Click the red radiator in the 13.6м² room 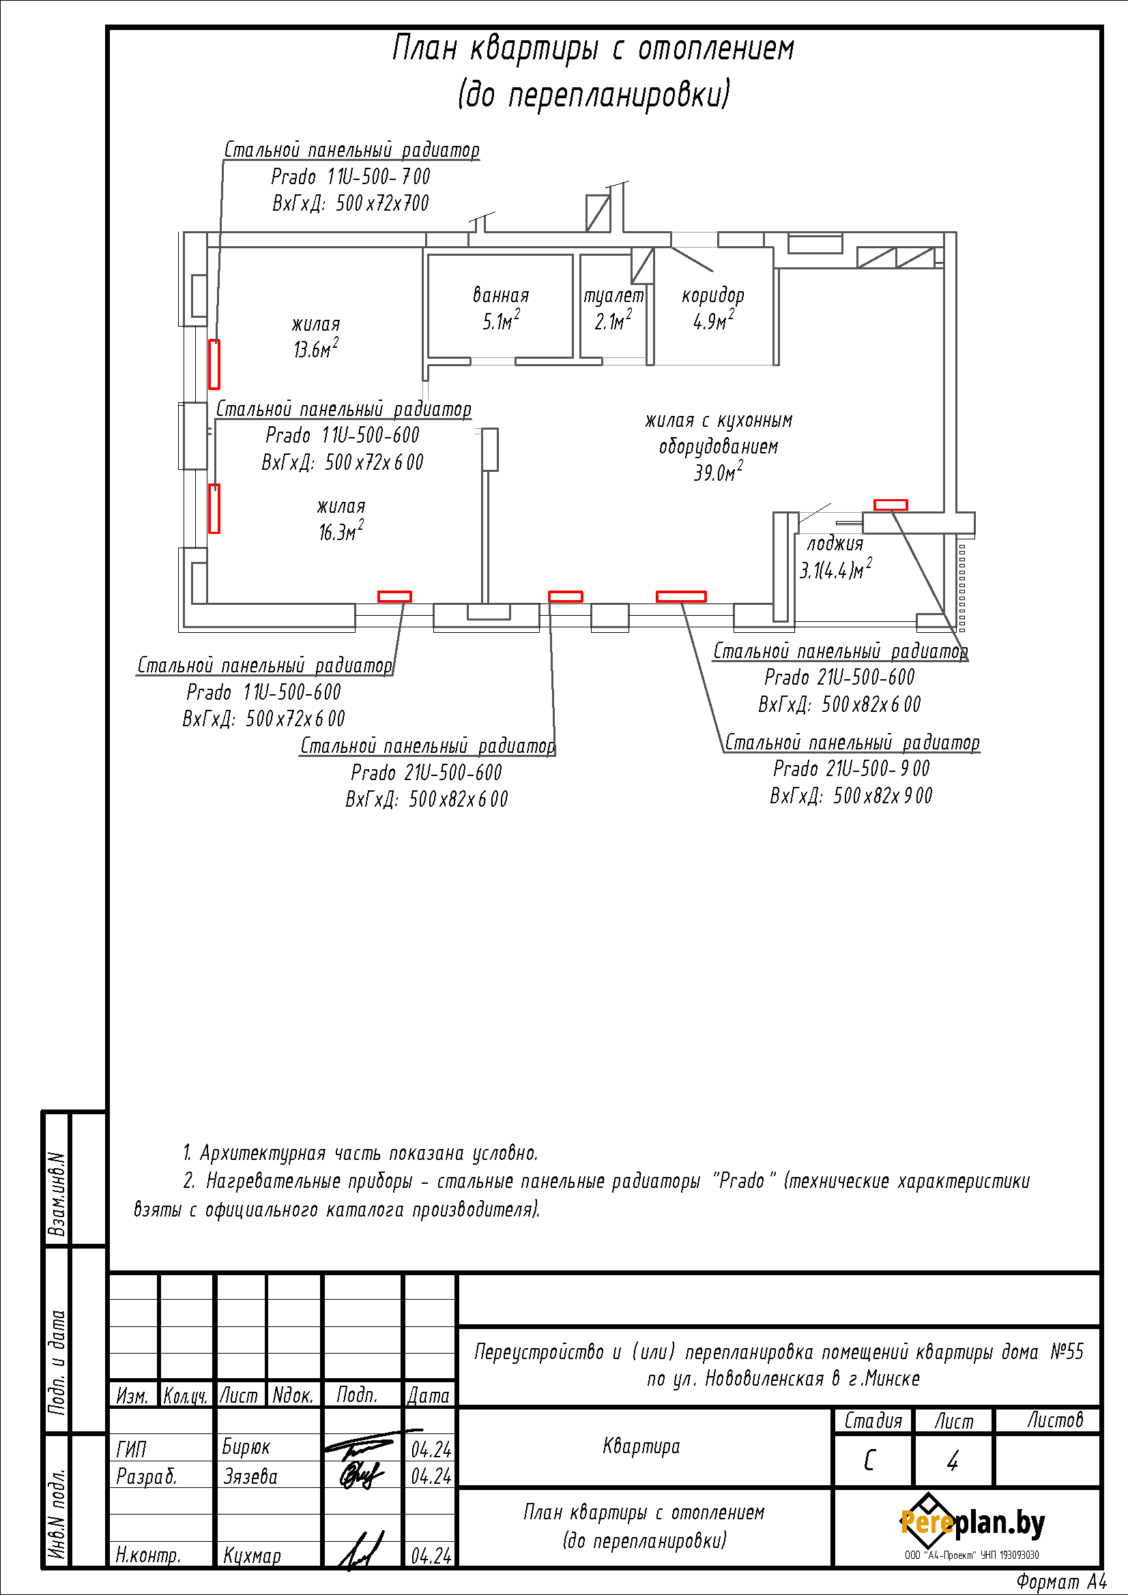pyautogui.click(x=214, y=364)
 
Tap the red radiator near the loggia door pyautogui.click(x=890, y=505)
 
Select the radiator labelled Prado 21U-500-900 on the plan pyautogui.click(x=681, y=596)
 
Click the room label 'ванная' pyautogui.click(x=500, y=295)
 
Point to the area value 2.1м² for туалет pyautogui.click(x=613, y=321)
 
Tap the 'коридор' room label pyautogui.click(x=712, y=295)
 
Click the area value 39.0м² pyautogui.click(x=718, y=473)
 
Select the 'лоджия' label pyautogui.click(x=835, y=544)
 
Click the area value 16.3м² pyautogui.click(x=341, y=532)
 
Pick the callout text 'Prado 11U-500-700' pyautogui.click(x=350, y=177)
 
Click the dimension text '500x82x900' pyautogui.click(x=882, y=795)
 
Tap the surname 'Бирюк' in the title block pyautogui.click(x=246, y=1447)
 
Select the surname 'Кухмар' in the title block pyautogui.click(x=252, y=1555)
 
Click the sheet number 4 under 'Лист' pyautogui.click(x=953, y=1461)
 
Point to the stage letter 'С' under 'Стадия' pyautogui.click(x=870, y=1461)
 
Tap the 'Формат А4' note pyautogui.click(x=1061, y=1582)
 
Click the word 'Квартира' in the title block pyautogui.click(x=641, y=1446)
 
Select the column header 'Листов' pyautogui.click(x=1055, y=1420)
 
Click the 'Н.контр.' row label pyautogui.click(x=148, y=1555)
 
